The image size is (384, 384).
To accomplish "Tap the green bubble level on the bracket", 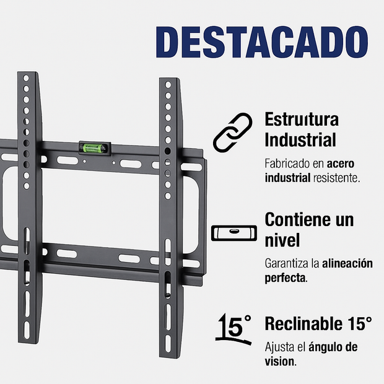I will (94, 147).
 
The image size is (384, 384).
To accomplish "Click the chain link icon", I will (230, 132).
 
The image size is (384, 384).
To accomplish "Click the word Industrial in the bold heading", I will (300, 140).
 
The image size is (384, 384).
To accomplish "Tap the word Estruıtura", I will (302, 119).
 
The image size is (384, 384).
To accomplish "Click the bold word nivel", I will (282, 240).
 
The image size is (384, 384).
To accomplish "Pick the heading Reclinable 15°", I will (318, 323).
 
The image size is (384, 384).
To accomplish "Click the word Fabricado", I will (289, 164).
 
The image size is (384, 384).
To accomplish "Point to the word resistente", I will (336, 178).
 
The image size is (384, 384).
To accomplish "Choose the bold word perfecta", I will (285, 277).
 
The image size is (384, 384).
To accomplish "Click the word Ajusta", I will (279, 347).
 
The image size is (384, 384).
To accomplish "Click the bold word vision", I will (279, 361).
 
